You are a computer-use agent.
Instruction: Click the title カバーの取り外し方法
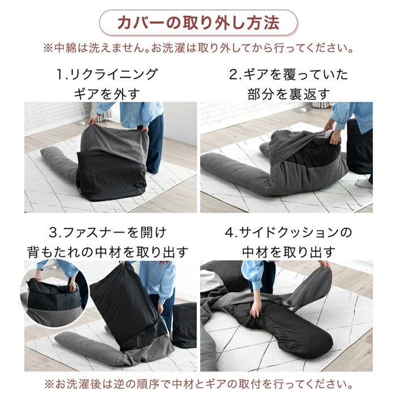click(x=198, y=23)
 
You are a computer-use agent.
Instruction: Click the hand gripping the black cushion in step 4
click(x=256, y=309)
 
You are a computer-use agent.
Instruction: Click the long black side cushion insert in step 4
click(x=294, y=325)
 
